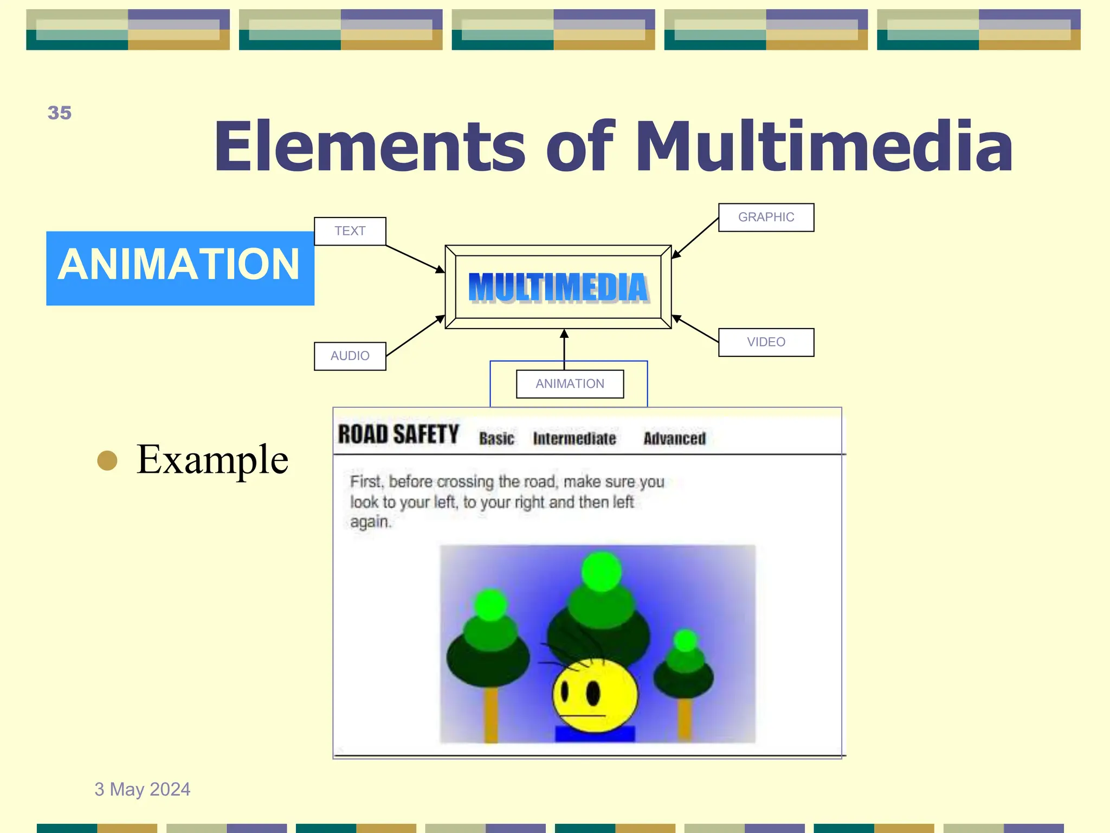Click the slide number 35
(60, 113)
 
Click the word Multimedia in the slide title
(823, 146)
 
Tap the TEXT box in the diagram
(350, 231)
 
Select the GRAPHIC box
(766, 217)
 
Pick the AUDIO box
(350, 356)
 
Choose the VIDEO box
(766, 342)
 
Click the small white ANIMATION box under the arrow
(570, 384)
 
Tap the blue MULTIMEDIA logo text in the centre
(558, 287)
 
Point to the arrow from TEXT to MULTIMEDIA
(415, 259)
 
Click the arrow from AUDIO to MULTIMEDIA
(415, 336)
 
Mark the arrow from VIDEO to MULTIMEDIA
(695, 329)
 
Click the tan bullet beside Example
(107, 460)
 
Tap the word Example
(212, 459)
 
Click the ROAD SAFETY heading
(398, 434)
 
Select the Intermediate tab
(575, 438)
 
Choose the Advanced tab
(675, 438)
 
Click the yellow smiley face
(595, 695)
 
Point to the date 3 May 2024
(143, 789)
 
